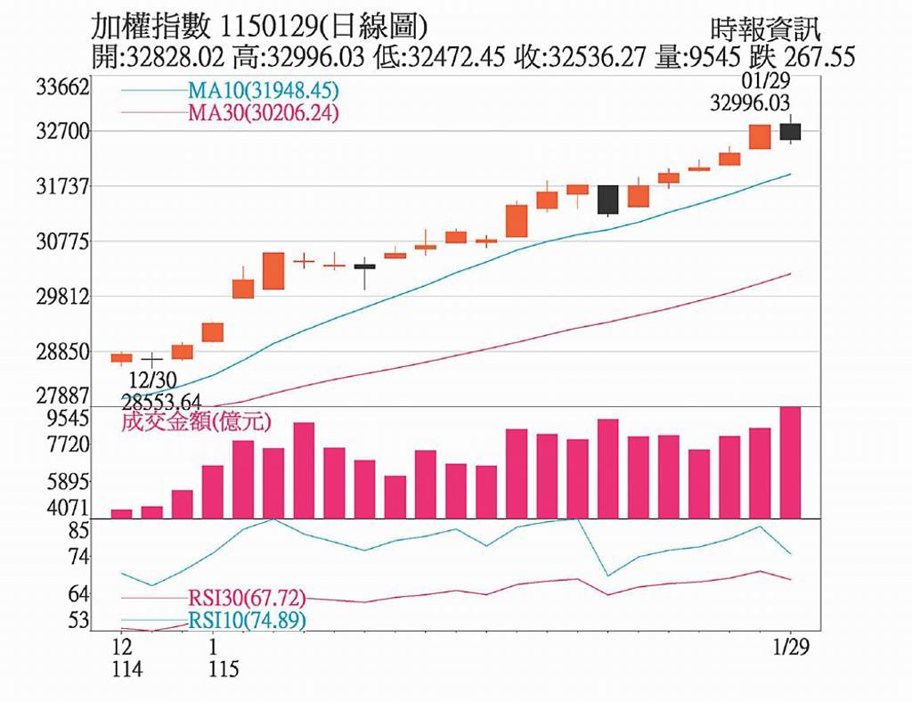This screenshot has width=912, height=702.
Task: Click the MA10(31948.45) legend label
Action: point(263,91)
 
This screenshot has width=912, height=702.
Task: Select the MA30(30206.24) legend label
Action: point(263,113)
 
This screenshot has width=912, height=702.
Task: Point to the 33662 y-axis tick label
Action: point(63,87)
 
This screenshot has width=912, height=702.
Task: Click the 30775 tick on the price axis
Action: point(63,241)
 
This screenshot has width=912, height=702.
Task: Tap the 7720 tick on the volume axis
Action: point(69,444)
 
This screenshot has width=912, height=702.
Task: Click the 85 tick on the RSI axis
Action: point(79,530)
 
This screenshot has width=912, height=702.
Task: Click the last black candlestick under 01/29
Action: point(790,132)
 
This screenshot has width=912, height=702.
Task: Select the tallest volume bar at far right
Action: point(790,462)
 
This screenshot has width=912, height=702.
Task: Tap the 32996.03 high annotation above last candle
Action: point(750,102)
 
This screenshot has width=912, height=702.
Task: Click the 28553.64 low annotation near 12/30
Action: point(162,400)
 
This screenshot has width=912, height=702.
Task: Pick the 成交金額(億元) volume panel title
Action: point(196,420)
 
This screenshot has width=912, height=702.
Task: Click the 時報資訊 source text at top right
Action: point(767,29)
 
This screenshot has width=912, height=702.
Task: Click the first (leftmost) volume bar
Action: point(121,513)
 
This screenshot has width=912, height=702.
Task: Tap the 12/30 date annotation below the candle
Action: point(152,380)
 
